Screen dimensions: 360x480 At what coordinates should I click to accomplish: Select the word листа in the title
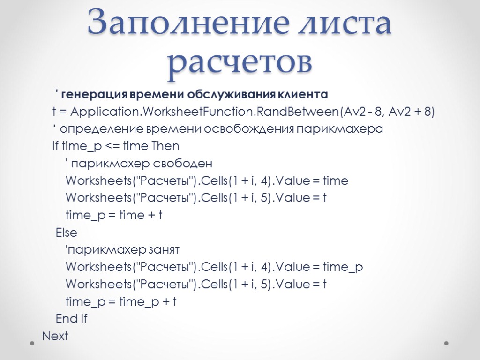[351, 24]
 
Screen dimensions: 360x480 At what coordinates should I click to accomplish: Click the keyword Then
[165, 146]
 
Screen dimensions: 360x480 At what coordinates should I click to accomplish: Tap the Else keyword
[67, 232]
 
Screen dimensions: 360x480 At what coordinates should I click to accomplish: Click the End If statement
[71, 319]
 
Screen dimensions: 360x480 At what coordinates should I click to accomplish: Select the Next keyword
[55, 336]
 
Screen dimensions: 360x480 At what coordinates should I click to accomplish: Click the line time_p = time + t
[114, 215]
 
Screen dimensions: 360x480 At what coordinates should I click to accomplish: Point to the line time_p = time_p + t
[121, 301]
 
